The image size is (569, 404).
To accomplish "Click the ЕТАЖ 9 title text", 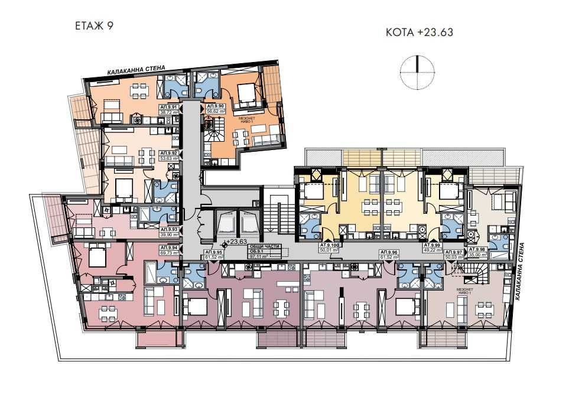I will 95,25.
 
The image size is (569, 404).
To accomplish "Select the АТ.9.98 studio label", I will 477,249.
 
